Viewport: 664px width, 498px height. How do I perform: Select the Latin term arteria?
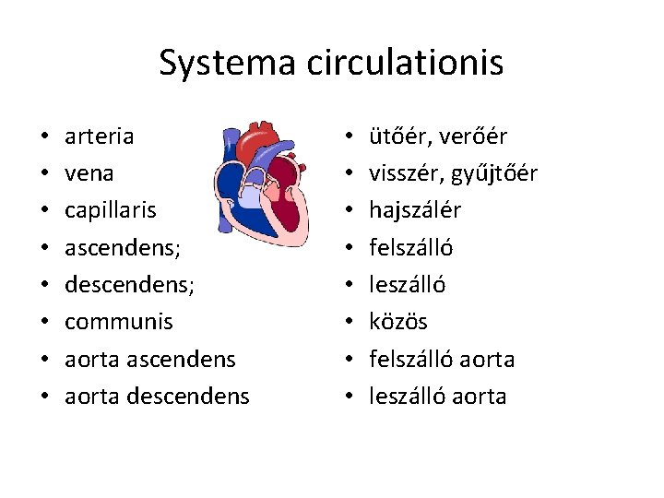click(x=99, y=136)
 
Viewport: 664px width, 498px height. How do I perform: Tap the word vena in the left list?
click(x=89, y=173)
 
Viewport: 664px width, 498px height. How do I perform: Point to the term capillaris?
click(x=111, y=210)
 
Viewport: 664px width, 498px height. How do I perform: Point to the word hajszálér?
click(x=415, y=210)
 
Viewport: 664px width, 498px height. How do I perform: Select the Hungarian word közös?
click(x=398, y=322)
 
